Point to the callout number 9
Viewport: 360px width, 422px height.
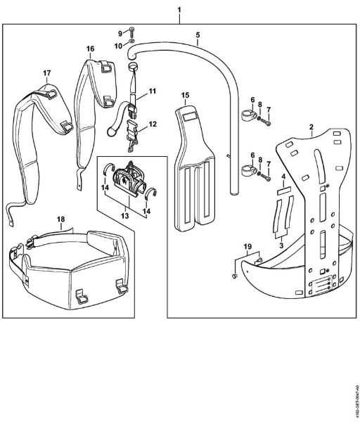click(120, 33)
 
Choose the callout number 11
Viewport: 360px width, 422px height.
click(152, 91)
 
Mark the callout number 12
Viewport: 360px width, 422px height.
click(153, 124)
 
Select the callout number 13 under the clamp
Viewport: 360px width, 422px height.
click(126, 217)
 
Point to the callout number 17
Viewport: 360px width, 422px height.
click(46, 72)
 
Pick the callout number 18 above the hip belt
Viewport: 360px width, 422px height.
click(61, 219)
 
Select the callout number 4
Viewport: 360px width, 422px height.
click(283, 176)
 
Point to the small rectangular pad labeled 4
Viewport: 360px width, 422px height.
click(282, 190)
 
